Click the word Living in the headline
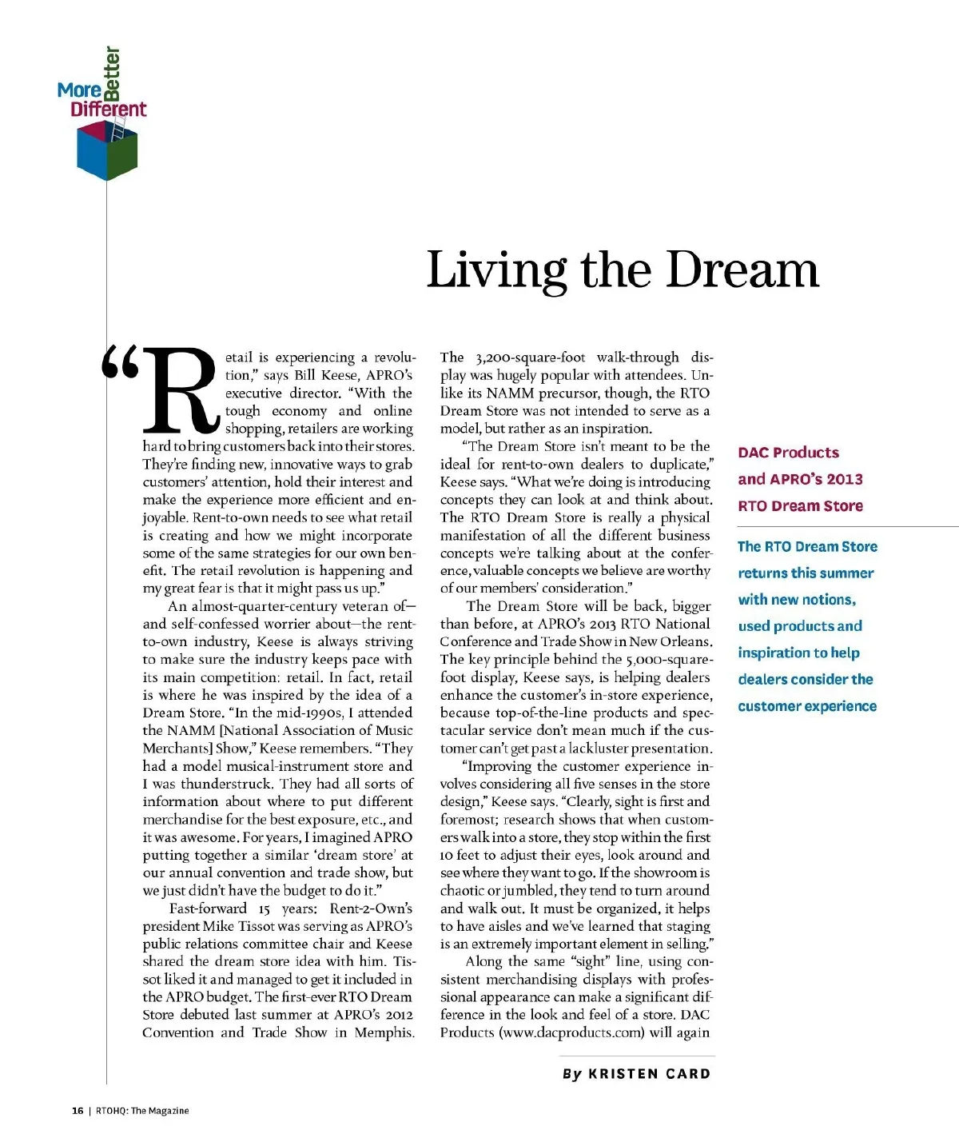click(496, 270)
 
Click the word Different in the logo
click(109, 110)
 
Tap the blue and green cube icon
click(107, 152)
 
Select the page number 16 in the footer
click(78, 1111)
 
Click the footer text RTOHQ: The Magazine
click(142, 1111)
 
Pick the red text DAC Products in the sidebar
click(788, 453)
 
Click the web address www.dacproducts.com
click(573, 1032)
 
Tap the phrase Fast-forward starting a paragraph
click(208, 908)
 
